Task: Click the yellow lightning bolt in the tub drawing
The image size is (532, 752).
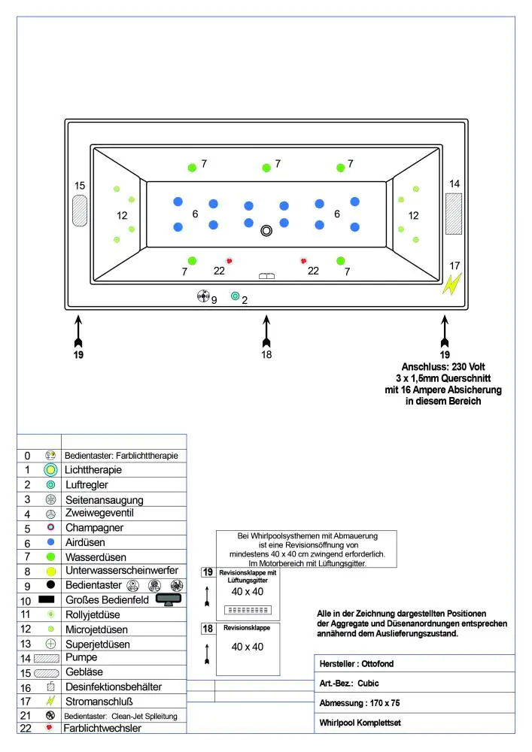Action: [452, 284]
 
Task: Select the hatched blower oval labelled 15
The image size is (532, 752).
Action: [80, 211]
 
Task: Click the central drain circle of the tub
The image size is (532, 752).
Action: [266, 231]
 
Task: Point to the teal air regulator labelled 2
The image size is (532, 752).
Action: [236, 296]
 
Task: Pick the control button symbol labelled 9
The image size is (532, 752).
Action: [202, 296]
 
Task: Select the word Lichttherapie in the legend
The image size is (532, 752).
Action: [93, 470]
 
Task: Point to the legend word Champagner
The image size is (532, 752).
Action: [93, 528]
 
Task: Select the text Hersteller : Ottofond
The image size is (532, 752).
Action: [357, 664]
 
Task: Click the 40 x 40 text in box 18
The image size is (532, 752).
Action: [248, 647]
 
